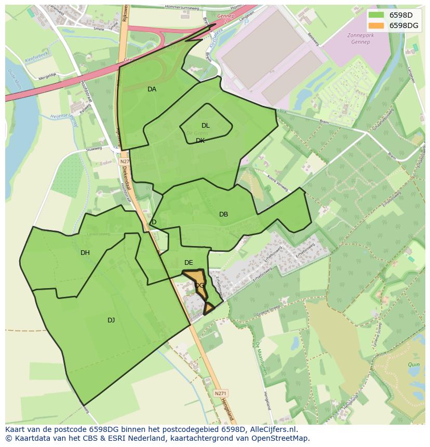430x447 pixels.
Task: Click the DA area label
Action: coord(152,89)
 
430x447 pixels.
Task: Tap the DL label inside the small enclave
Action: coord(206,126)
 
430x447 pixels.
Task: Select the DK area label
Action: coord(200,141)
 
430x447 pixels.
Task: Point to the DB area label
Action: coord(223,214)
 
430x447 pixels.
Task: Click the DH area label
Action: coord(85,253)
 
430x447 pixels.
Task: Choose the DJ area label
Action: coord(111,320)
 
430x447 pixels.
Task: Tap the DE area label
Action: coord(189,263)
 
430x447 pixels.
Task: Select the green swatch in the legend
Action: coord(377,15)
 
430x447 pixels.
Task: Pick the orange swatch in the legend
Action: coord(377,25)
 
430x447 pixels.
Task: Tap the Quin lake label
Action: coord(413,365)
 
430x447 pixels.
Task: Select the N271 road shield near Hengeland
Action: coord(220,394)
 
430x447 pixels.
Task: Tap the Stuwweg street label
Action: coord(94,148)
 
